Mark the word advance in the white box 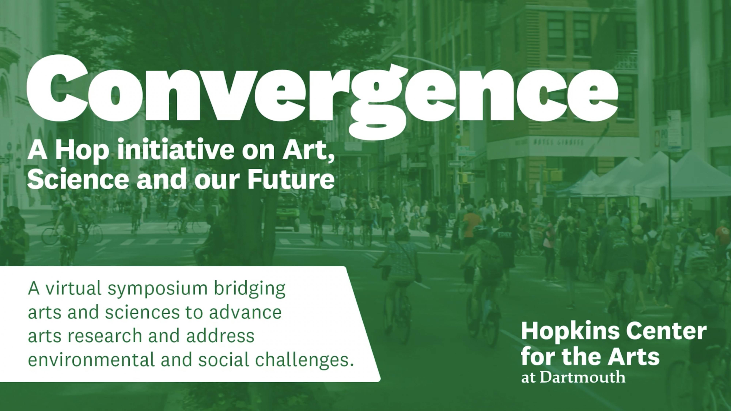tap(245, 312)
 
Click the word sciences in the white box tap(143, 312)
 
